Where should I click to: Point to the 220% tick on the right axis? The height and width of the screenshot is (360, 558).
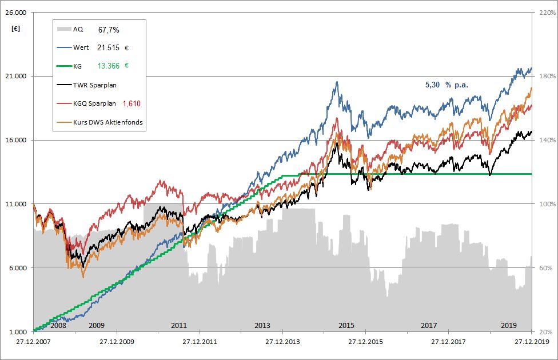coord(542,13)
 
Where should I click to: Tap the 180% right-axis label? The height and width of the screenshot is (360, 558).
coord(542,77)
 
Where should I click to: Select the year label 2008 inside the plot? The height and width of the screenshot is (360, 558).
coord(58,325)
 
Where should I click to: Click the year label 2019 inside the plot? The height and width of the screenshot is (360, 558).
coord(508,325)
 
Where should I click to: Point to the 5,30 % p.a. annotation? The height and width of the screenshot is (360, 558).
coord(447,85)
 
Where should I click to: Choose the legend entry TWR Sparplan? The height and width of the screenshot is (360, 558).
coord(95,85)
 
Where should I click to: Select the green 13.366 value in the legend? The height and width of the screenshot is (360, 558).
coord(108,66)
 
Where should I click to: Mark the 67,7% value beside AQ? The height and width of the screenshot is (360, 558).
coord(109,29)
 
